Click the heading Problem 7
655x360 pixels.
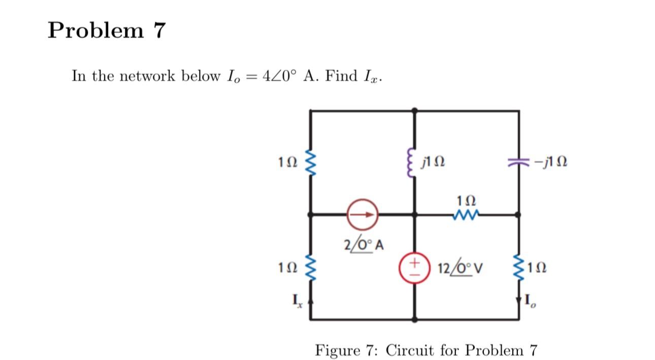(x=107, y=30)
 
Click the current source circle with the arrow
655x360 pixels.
(x=362, y=215)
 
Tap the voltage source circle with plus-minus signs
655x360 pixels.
(x=415, y=267)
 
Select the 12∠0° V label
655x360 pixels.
(x=460, y=267)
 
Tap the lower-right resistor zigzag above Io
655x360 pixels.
(x=518, y=267)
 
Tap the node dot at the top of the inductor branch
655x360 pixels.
(x=415, y=110)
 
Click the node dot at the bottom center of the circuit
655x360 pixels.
(x=415, y=320)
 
